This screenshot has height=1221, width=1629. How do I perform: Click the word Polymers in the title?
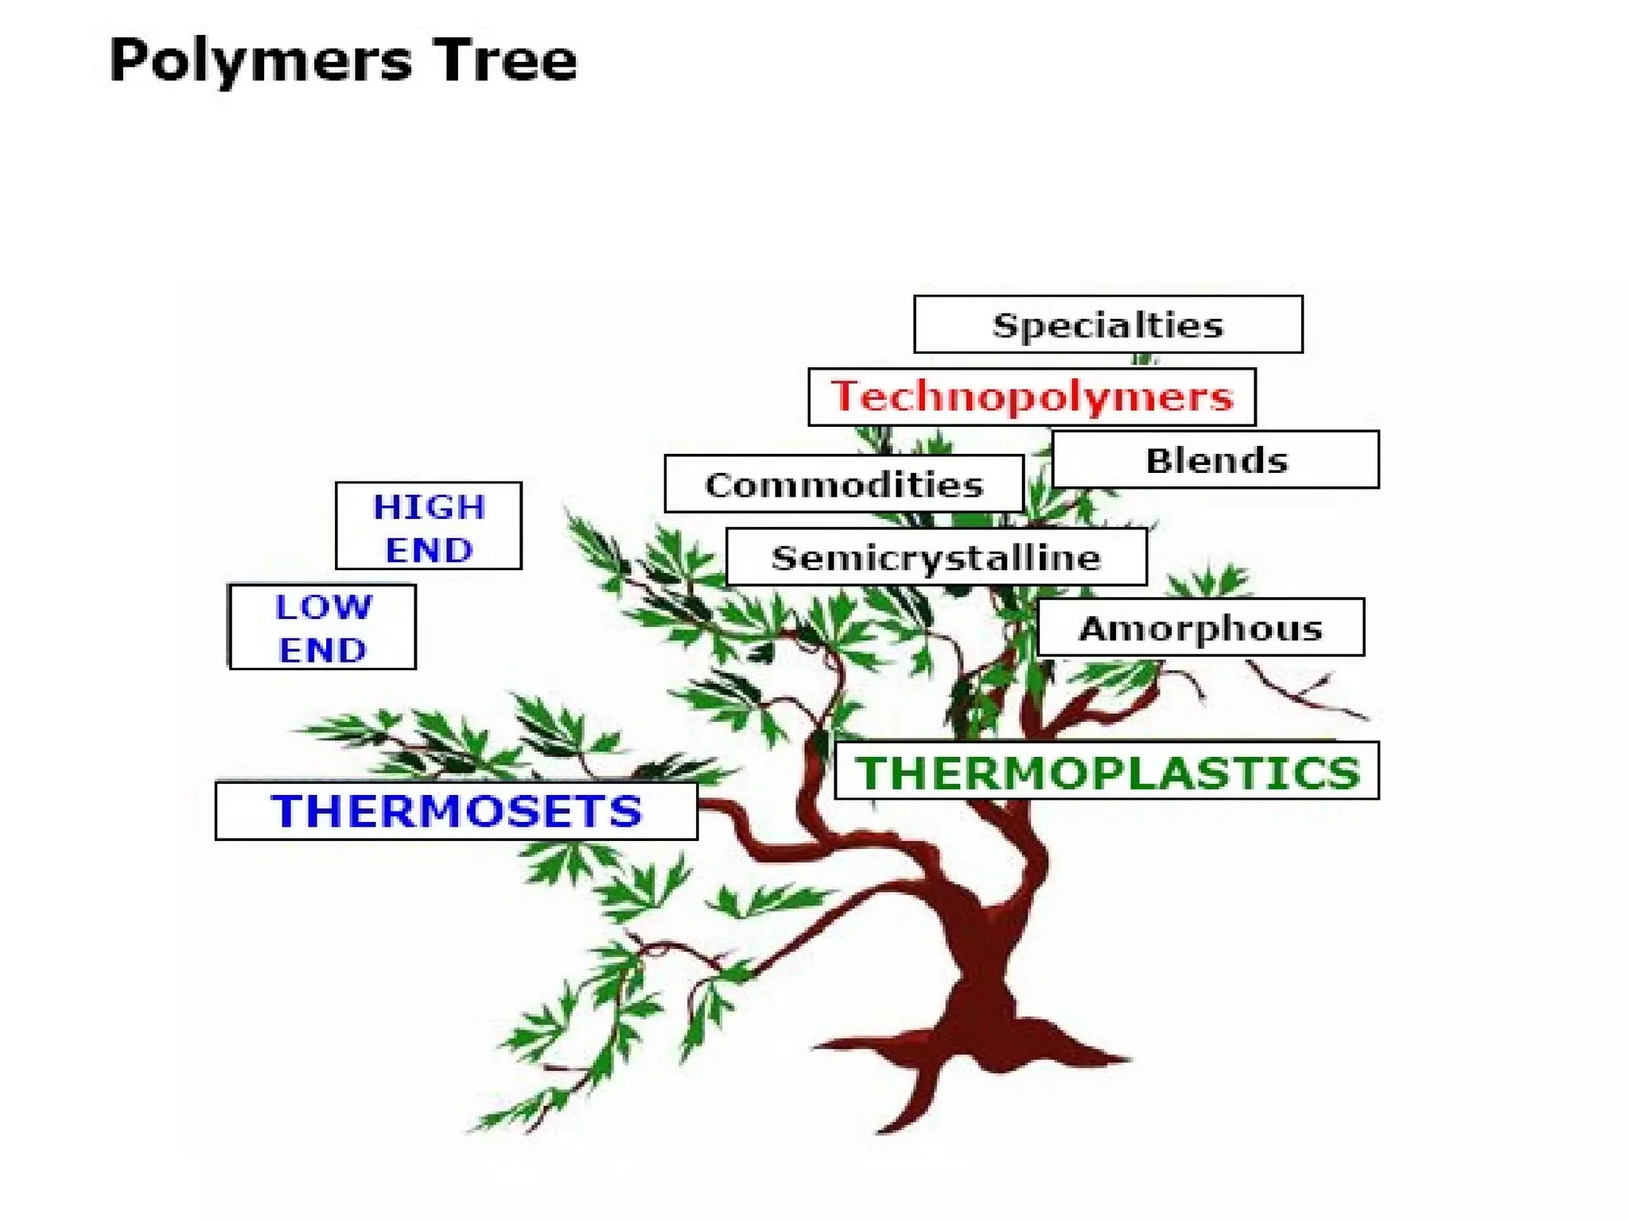pyautogui.click(x=261, y=61)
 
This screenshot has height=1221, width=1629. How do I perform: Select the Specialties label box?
pyautogui.click(x=1108, y=324)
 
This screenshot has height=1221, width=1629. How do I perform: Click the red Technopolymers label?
pyautogui.click(x=1032, y=397)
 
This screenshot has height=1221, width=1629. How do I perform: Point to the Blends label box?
pyautogui.click(x=1215, y=459)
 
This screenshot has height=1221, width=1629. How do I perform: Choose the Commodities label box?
pyautogui.click(x=844, y=484)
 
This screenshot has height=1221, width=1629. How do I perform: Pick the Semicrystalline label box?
pyautogui.click(x=936, y=557)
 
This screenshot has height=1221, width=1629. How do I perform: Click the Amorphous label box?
pyautogui.click(x=1200, y=628)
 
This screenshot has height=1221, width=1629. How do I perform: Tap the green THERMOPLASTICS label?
pyautogui.click(x=1106, y=771)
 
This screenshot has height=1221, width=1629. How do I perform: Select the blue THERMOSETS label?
pyautogui.click(x=457, y=811)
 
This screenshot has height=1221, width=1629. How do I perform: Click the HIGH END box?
pyautogui.click(x=429, y=526)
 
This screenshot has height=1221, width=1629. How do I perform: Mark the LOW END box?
pyautogui.click(x=322, y=627)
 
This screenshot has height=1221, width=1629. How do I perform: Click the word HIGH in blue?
pyautogui.click(x=429, y=506)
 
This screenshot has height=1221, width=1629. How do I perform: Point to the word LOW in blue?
pyautogui.click(x=323, y=607)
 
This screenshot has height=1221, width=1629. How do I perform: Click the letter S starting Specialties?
pyautogui.click(x=1005, y=325)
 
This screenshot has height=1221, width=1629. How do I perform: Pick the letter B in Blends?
pyautogui.click(x=1157, y=460)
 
